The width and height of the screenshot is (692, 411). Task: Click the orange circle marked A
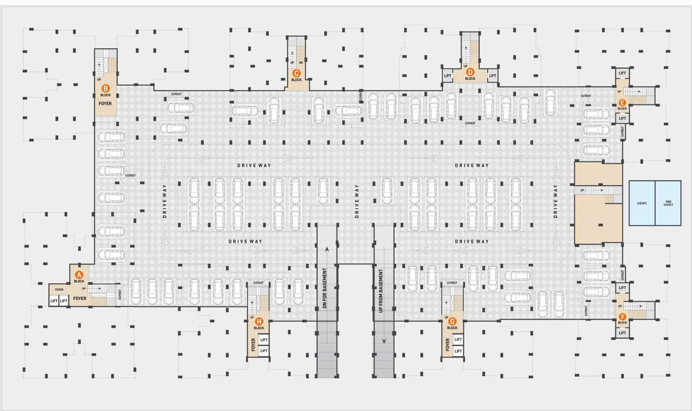(x=79, y=275)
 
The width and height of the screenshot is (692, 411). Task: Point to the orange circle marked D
(x=470, y=72)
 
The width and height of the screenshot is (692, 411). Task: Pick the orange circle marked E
(x=622, y=102)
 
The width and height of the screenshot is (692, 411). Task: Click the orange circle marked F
(x=622, y=316)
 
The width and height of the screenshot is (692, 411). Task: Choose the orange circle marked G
(x=452, y=321)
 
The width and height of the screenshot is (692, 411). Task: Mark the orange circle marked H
(x=259, y=322)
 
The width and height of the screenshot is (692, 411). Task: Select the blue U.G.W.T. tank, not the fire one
(x=642, y=203)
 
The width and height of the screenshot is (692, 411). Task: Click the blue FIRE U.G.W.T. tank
(x=668, y=203)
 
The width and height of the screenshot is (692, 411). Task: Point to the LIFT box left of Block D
(x=448, y=76)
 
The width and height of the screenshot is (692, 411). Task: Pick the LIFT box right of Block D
(x=493, y=76)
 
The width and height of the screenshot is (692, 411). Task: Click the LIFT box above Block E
(x=622, y=73)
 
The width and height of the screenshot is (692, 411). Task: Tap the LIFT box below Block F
(x=622, y=333)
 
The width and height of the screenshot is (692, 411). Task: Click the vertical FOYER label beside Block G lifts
(x=447, y=346)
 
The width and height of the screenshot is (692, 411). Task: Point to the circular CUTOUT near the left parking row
(x=130, y=175)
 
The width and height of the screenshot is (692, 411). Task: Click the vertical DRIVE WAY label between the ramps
(x=357, y=201)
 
